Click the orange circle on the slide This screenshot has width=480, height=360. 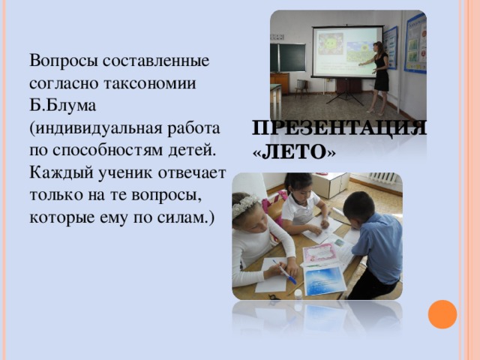pos(442,314)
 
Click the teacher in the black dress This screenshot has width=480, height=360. pos(380,75)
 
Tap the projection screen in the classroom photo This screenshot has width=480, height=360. pos(346,50)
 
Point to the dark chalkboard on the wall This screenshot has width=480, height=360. pos(288,57)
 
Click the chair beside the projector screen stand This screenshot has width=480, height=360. pos(301,87)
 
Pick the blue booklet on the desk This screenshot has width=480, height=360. pos(325,280)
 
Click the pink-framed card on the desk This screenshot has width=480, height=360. pos(321,253)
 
